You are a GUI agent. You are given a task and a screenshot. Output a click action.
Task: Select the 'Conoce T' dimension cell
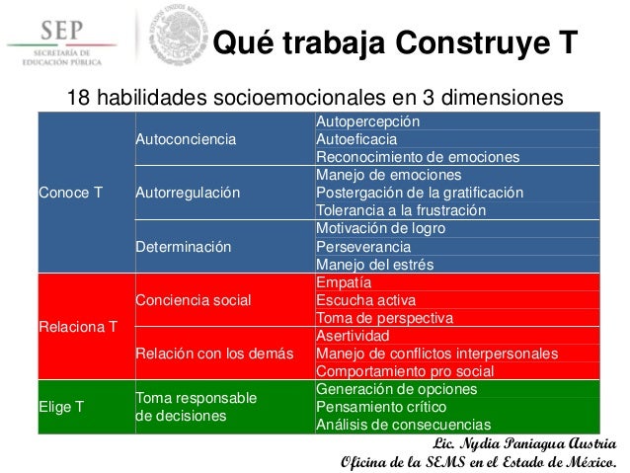69,193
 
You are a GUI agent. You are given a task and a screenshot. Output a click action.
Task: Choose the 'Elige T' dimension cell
59,407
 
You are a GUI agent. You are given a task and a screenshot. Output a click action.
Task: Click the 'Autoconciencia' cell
186,139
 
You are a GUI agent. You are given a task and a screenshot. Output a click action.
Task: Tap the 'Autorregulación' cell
187,193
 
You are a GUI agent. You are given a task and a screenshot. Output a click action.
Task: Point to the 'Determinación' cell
183,246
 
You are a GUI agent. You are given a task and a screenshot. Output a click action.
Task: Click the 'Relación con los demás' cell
207,353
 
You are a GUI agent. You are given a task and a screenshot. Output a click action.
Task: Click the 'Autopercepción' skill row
368,121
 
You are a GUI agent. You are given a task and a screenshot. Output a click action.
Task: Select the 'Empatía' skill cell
343,282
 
